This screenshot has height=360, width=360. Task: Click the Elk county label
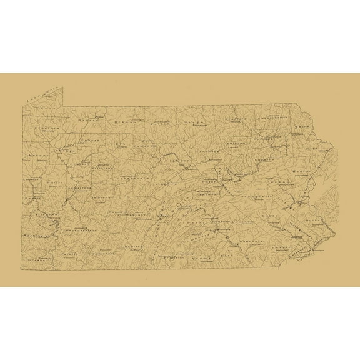pyautogui.click(x=121, y=142)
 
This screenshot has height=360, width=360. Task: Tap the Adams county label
pyautogui.click(x=201, y=256)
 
